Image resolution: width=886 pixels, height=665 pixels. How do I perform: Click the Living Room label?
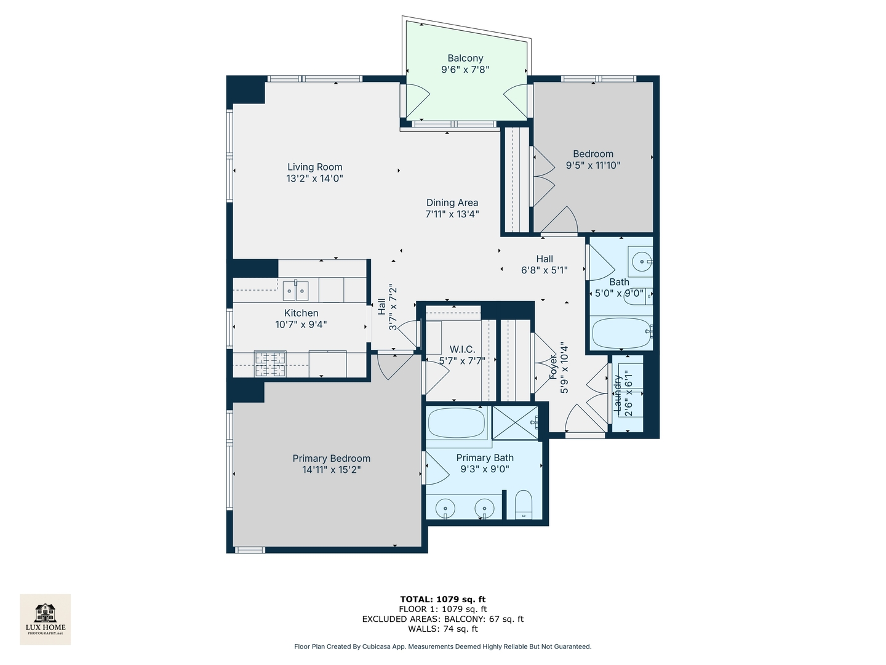coord(314,167)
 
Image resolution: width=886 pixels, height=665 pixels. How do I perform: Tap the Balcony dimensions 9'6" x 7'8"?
coord(465,70)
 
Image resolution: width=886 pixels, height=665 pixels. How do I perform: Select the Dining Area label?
coord(452,203)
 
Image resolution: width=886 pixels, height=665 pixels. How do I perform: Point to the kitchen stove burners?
coord(271,363)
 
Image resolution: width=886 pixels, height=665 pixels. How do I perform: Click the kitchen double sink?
coord(295,290)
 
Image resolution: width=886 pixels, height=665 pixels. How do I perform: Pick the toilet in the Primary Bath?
coord(522,504)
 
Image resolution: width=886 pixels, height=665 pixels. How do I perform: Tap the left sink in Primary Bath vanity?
coord(445,509)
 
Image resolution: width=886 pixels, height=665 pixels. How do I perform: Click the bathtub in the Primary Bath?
coord(457,423)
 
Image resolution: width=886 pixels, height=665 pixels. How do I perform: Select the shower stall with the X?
coord(515,422)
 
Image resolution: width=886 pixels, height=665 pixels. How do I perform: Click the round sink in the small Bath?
coord(641,262)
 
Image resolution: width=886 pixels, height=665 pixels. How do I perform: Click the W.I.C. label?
coord(462,350)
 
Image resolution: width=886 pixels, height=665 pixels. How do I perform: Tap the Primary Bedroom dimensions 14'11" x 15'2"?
coord(331,470)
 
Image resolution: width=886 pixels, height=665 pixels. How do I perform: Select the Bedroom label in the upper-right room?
coord(593,154)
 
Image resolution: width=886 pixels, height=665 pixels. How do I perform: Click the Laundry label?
coord(618,393)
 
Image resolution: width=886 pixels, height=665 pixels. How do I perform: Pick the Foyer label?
coord(553,368)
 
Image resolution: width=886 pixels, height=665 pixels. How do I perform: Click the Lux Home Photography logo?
coord(46,619)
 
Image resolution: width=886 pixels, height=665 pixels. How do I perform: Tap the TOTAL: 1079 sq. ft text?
coord(443,599)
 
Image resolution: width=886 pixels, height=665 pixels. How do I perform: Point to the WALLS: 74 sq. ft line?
coord(443,629)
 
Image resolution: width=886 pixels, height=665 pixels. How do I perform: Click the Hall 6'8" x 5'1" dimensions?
coord(545,270)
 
